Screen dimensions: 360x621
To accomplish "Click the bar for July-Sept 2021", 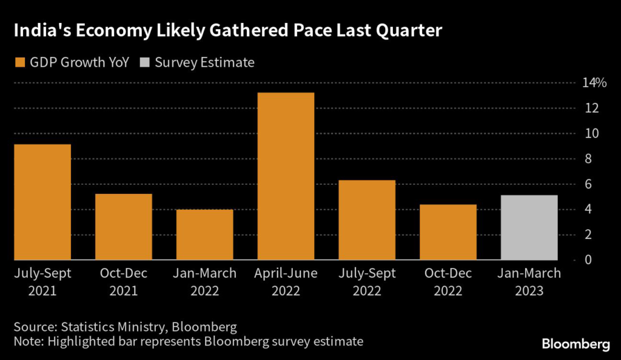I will point(42,202).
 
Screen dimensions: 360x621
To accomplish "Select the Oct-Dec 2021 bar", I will point(123,227).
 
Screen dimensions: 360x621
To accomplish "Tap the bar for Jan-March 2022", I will point(204,235).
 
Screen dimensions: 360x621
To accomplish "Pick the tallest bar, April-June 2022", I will point(286,176).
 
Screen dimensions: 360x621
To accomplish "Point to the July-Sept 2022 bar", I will point(367,220).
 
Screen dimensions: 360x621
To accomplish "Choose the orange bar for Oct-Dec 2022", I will point(448,232).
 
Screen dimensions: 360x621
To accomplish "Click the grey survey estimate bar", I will point(529,227).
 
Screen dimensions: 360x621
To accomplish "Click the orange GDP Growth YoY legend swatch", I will point(19,62).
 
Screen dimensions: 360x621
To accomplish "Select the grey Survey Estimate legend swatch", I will point(145,62).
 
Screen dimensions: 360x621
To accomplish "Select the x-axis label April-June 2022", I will point(286,282).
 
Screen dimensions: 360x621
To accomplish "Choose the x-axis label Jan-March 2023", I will point(529,282).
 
